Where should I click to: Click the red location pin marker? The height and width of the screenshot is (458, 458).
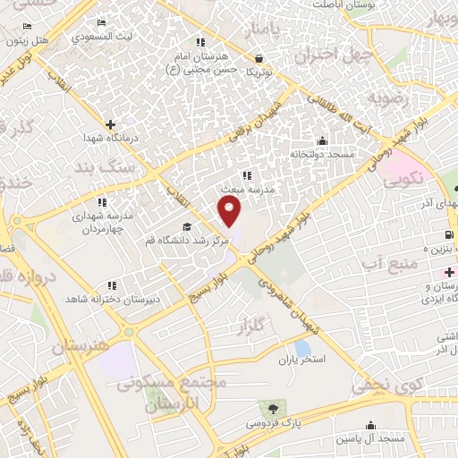230,211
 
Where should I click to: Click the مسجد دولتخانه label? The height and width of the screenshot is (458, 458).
322,154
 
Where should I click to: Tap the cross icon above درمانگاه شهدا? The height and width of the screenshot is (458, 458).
109,124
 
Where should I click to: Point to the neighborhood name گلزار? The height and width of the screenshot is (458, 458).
254,330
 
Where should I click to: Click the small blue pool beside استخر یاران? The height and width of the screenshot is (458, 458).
301,347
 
